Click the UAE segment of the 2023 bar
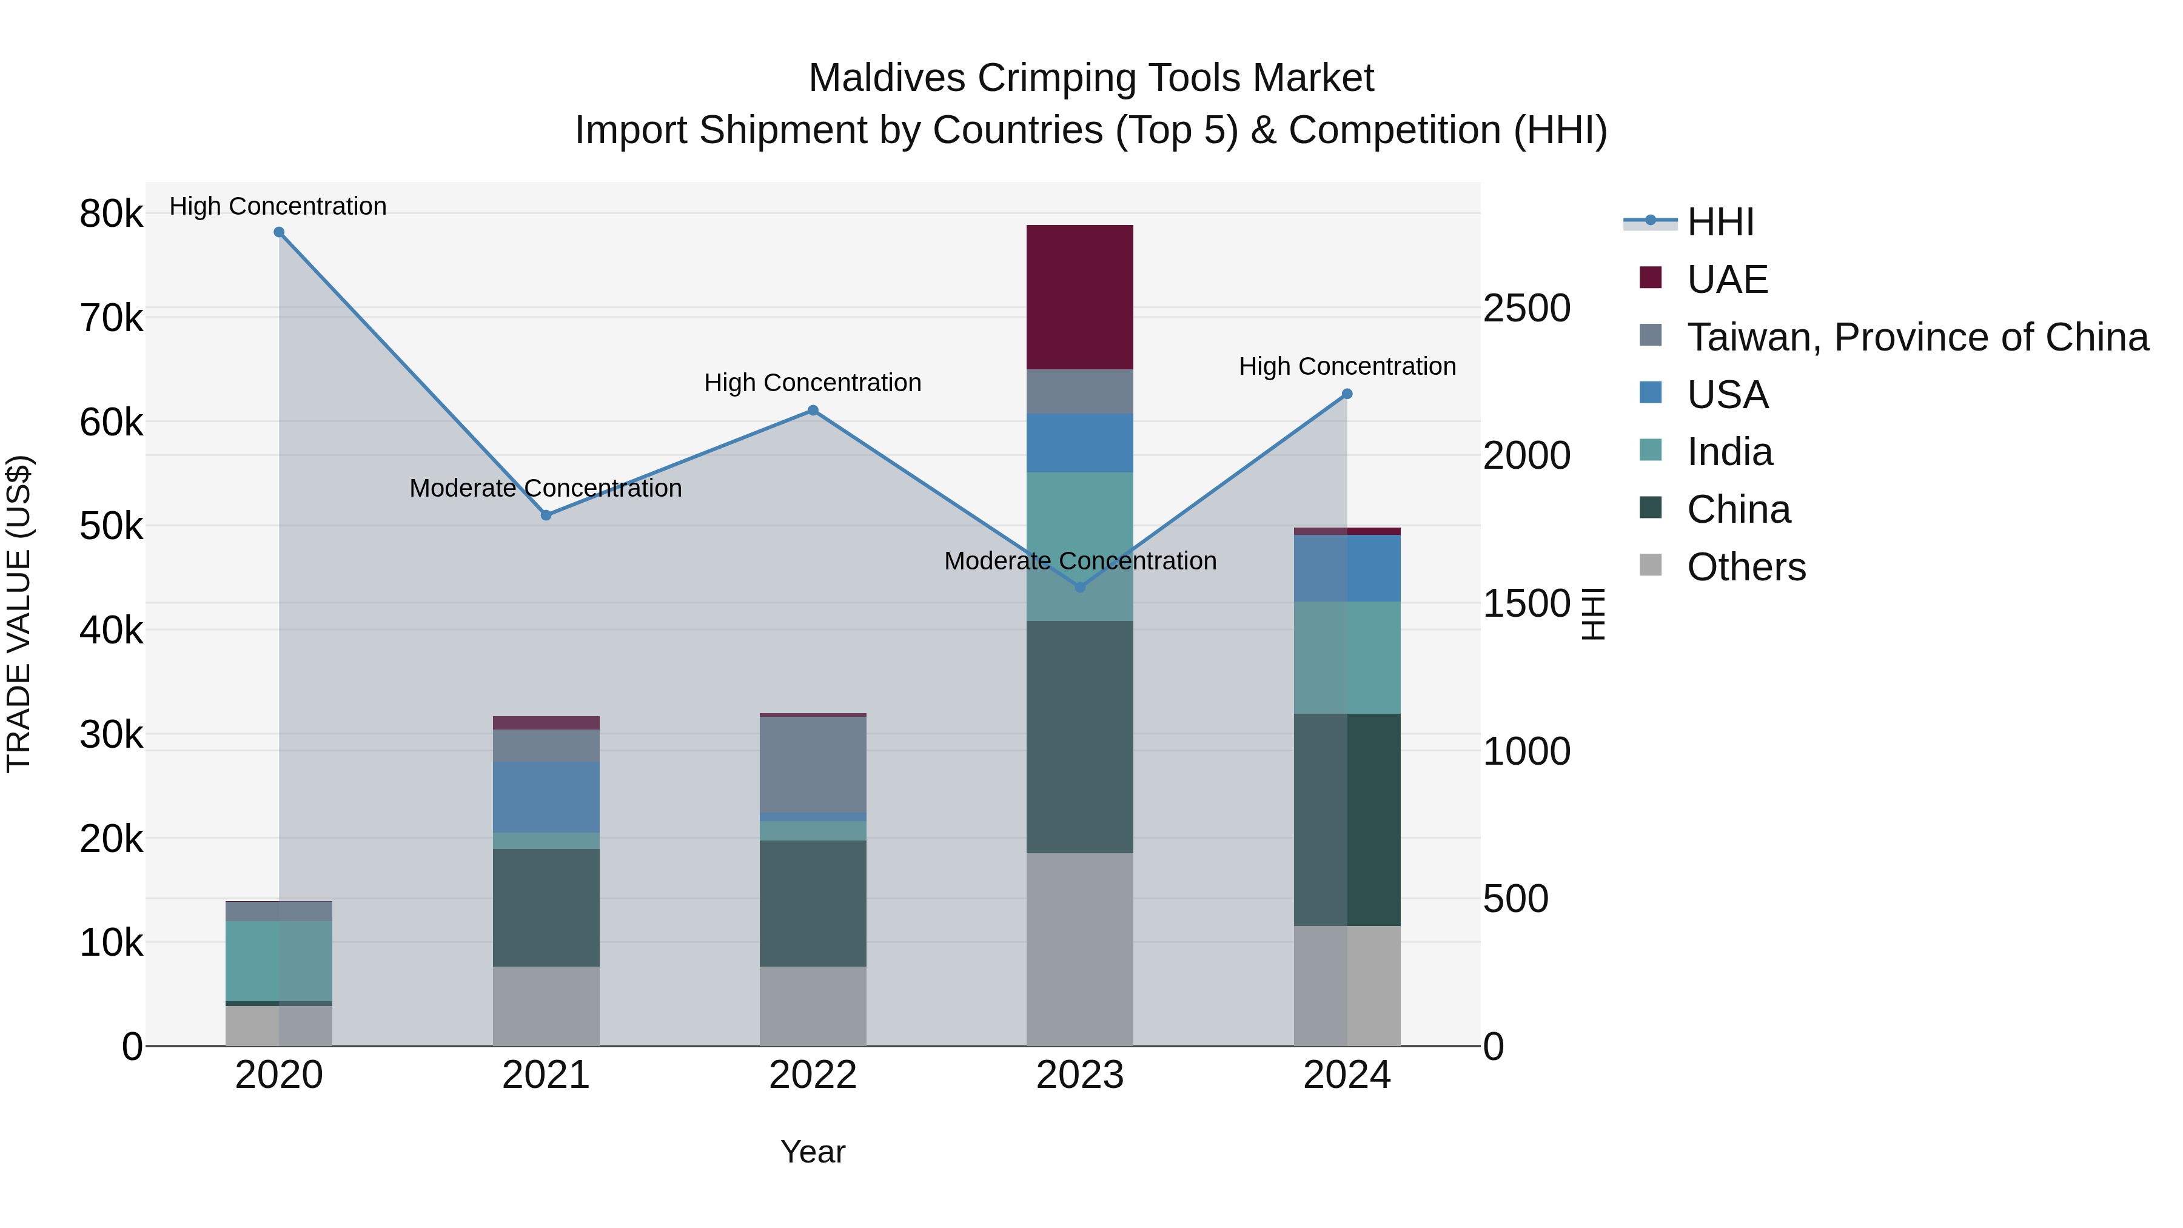click(x=1079, y=297)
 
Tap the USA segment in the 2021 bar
click(x=546, y=797)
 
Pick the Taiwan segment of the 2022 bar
click(x=813, y=765)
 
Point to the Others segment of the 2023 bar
click(x=1079, y=949)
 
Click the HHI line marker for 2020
click(x=279, y=232)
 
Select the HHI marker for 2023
click(x=1079, y=587)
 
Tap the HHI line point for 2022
click(x=813, y=410)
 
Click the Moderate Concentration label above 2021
click(x=546, y=488)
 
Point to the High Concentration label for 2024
click(x=1347, y=366)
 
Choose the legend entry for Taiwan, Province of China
click(x=1917, y=337)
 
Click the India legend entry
click(x=1729, y=452)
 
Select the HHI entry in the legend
click(x=1720, y=222)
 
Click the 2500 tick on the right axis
click(x=1526, y=309)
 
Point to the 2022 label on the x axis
click(x=813, y=1075)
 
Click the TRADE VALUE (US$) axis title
click(x=19, y=614)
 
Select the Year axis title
click(x=813, y=1152)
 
